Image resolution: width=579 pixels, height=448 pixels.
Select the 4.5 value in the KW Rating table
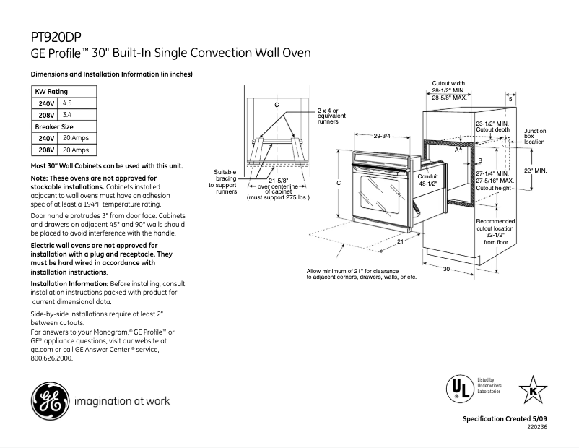pos(68,104)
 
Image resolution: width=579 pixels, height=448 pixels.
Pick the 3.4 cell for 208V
pos(68,115)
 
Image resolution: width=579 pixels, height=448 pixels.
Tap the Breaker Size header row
pos(64,126)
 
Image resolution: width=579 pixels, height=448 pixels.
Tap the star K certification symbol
pos(533,389)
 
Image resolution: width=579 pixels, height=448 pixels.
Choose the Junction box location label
pos(534,137)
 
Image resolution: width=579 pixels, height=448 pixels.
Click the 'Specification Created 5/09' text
pos(505,420)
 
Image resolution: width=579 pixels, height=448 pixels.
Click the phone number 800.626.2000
pos(52,356)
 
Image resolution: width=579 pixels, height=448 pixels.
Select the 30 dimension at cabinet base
pos(446,269)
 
